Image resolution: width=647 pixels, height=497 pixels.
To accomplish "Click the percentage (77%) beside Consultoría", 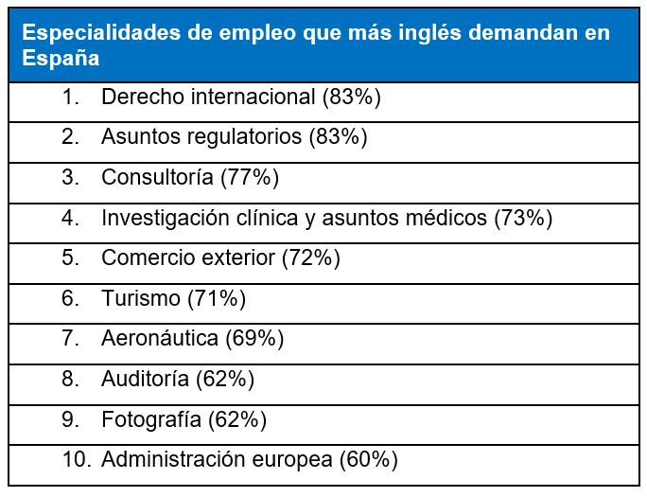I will coord(250,177).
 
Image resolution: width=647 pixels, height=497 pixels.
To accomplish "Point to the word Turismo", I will coord(140,299).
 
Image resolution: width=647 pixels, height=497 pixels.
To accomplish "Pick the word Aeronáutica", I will coord(159,339).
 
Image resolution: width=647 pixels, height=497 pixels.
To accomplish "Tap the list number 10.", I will coord(75,460).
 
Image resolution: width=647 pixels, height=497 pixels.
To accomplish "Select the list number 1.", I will coord(71,97).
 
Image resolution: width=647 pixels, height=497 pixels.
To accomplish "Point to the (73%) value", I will coord(523,218).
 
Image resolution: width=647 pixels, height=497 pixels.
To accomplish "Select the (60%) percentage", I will coord(368,460).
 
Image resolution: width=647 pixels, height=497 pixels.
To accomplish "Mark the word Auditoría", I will coord(146,380).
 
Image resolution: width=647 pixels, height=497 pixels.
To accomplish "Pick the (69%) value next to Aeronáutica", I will coord(254,339).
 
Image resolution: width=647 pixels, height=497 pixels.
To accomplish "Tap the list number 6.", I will coord(71,299).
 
